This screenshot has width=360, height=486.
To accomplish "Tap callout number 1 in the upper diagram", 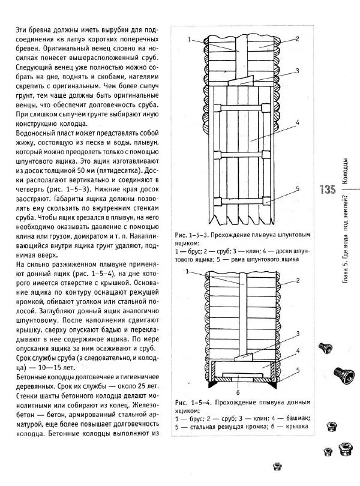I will tap(188, 40).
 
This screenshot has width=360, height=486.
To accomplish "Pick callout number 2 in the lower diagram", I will tap(298, 280).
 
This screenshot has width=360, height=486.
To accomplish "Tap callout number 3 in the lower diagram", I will tap(298, 334).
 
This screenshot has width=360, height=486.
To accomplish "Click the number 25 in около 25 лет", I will tap(137, 388).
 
